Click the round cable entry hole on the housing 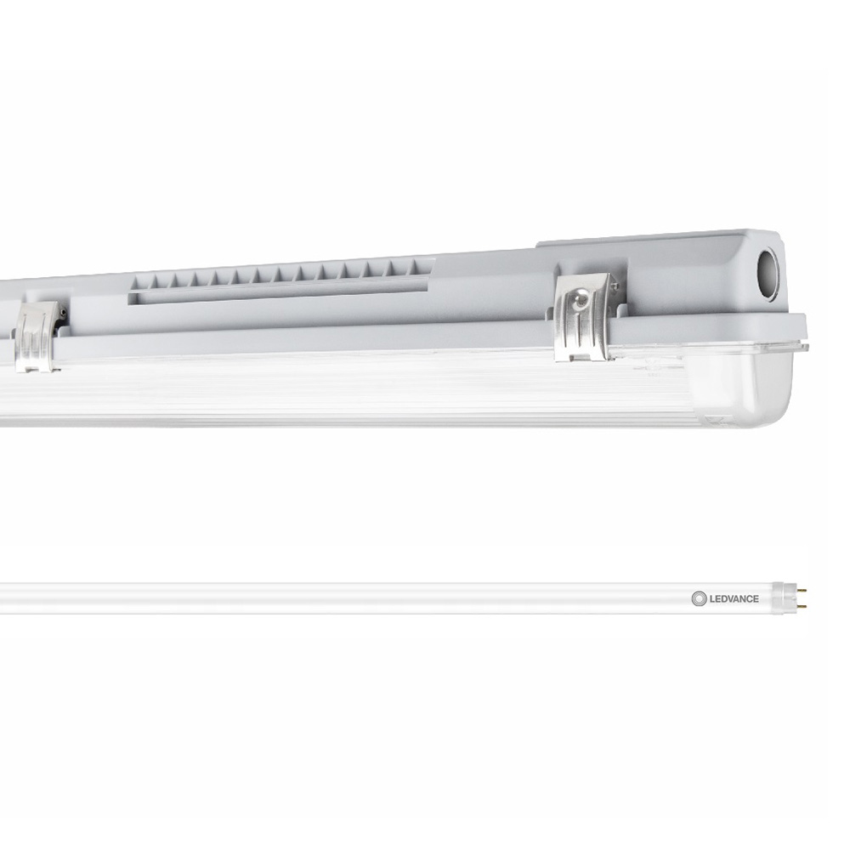tap(767, 275)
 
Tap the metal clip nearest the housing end tap(586, 316)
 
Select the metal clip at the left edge tap(38, 337)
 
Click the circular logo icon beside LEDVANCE tap(699, 598)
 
